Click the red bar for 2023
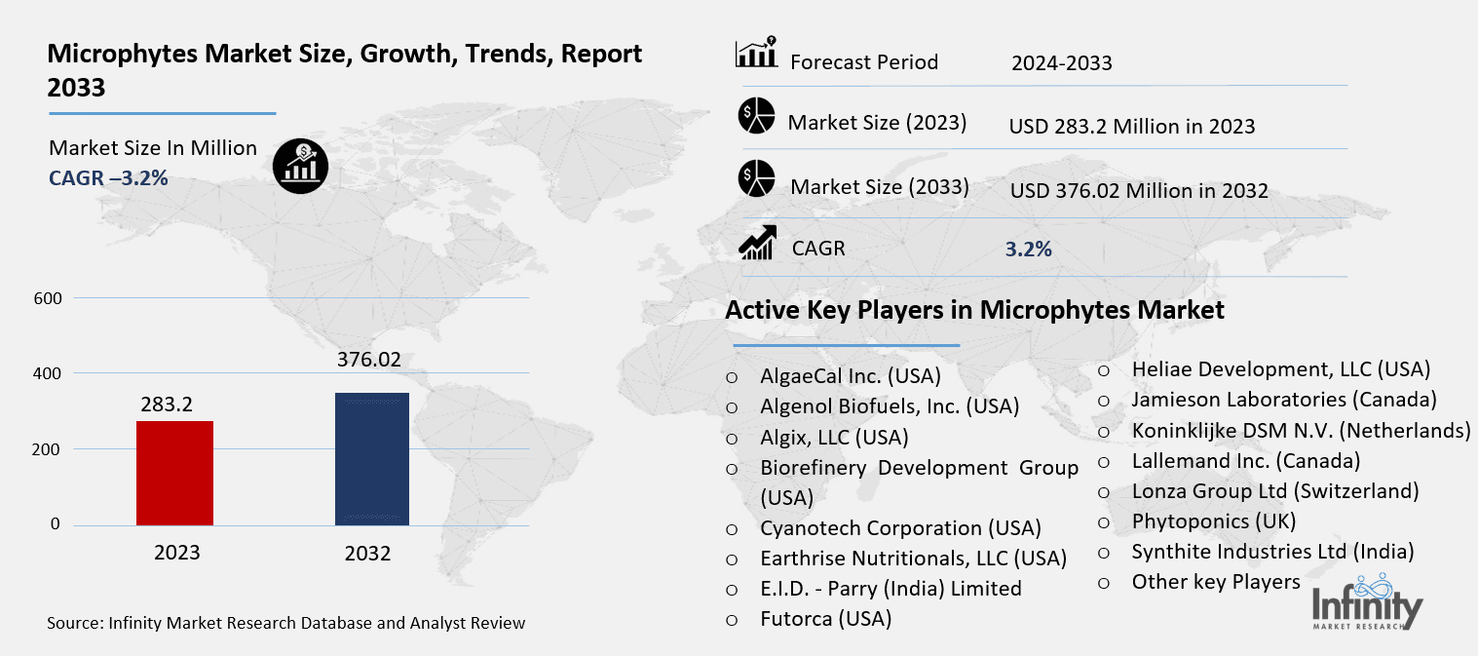tap(174, 473)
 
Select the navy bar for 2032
tap(371, 458)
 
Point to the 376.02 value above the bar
tap(369, 360)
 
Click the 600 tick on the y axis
tap(49, 298)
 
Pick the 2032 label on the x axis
tap(367, 554)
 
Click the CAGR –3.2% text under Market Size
tap(109, 177)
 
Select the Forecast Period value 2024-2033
tap(1061, 63)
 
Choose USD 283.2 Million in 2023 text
tap(1131, 127)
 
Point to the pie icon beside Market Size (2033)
tap(755, 180)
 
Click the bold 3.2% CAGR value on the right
tap(1028, 250)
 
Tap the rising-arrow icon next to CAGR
tap(757, 244)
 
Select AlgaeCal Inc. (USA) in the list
tap(851, 375)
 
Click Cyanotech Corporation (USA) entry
tap(900, 528)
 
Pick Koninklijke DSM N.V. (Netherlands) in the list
tap(1301, 430)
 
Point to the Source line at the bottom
tap(286, 622)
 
